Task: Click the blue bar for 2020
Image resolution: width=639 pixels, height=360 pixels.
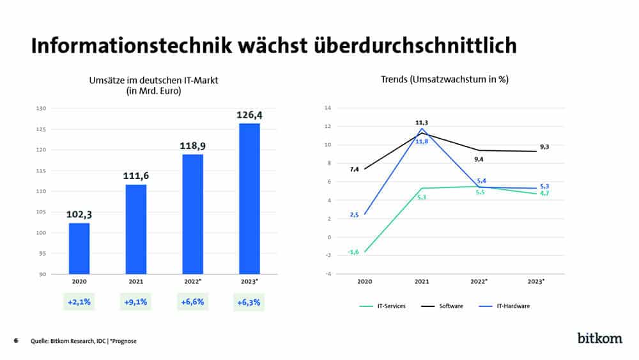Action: (x=79, y=248)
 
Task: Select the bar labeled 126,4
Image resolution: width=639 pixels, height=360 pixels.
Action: (x=249, y=198)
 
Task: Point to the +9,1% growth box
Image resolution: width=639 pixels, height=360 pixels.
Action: (x=135, y=302)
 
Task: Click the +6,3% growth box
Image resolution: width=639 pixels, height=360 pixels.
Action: (x=249, y=302)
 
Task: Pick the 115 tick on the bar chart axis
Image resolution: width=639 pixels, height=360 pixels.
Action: (x=42, y=171)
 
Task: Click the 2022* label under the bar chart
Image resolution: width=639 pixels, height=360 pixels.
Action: (x=192, y=281)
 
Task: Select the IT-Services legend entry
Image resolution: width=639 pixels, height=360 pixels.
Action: (x=381, y=306)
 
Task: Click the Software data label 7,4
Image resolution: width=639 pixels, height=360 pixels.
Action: (x=355, y=169)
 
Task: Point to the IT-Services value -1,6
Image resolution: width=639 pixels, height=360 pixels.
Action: (x=353, y=252)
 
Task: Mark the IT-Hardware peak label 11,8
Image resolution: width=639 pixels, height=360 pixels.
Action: (x=422, y=141)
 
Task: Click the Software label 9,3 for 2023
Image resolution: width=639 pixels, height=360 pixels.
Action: (x=544, y=147)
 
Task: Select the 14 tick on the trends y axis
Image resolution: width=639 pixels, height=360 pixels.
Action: (x=328, y=108)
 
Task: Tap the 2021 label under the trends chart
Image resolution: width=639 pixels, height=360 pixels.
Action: (x=422, y=281)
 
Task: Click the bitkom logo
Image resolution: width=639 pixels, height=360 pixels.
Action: (x=599, y=338)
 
